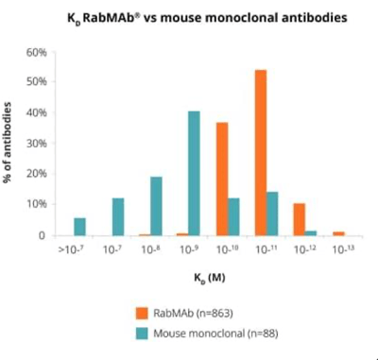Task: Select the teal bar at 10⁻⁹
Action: (x=194, y=174)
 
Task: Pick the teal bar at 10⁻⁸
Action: (x=156, y=206)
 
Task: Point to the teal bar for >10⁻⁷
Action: (x=79, y=227)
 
